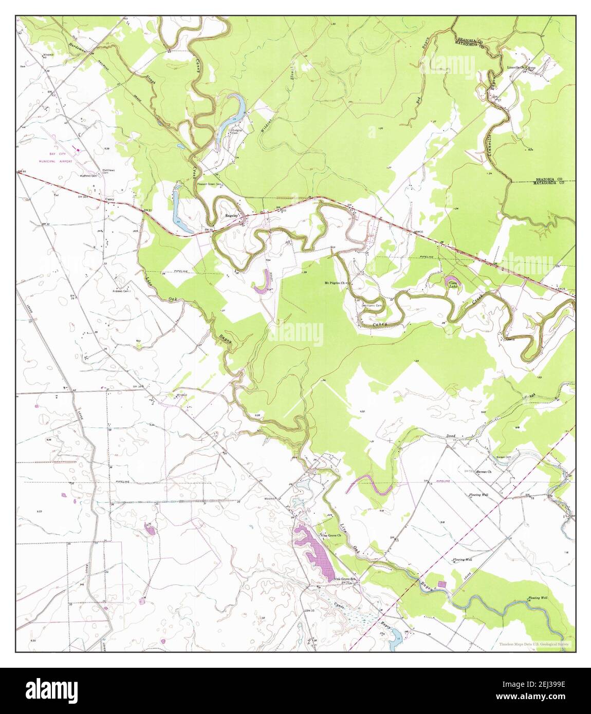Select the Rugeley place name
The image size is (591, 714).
tap(230, 216)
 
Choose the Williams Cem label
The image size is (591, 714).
tap(372, 306)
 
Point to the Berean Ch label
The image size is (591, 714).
tap(484, 471)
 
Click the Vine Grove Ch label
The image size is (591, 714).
tap(331, 535)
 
